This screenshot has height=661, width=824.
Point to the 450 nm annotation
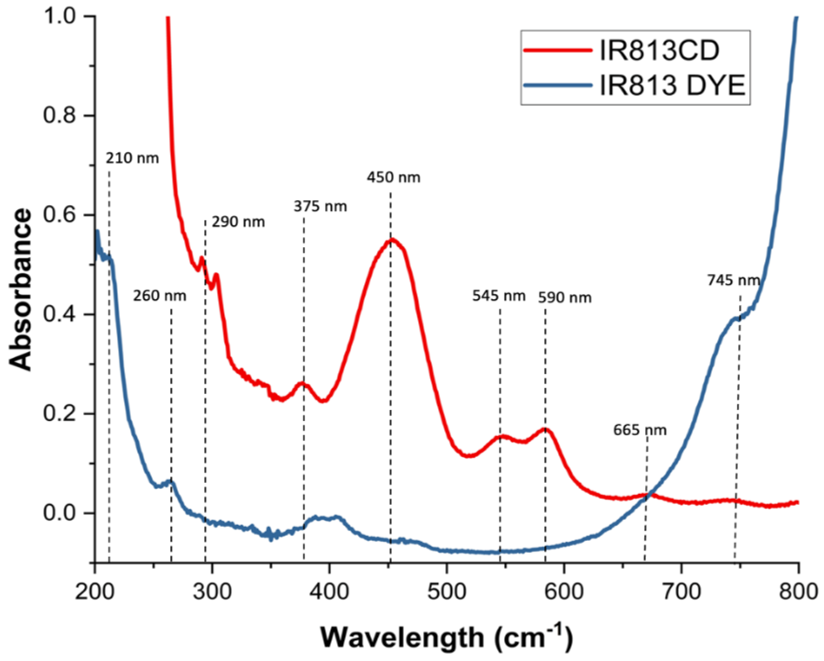pos(393,178)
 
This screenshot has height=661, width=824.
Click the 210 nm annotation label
pos(132,158)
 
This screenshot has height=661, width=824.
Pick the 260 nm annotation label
pos(160,296)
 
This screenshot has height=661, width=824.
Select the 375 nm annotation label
pos(320,207)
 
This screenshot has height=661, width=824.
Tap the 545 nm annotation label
pos(499,296)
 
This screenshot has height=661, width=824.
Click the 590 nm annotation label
pos(565,298)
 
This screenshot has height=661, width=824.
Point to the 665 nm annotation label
pos(640,430)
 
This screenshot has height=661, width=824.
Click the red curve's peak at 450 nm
pos(391,240)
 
